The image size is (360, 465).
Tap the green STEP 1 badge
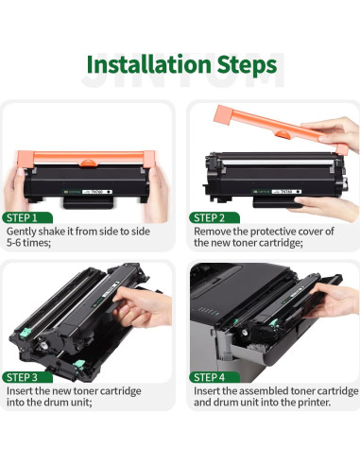click(26, 215)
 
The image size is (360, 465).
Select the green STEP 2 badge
click(213, 215)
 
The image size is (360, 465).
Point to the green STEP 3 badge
click(27, 377)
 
